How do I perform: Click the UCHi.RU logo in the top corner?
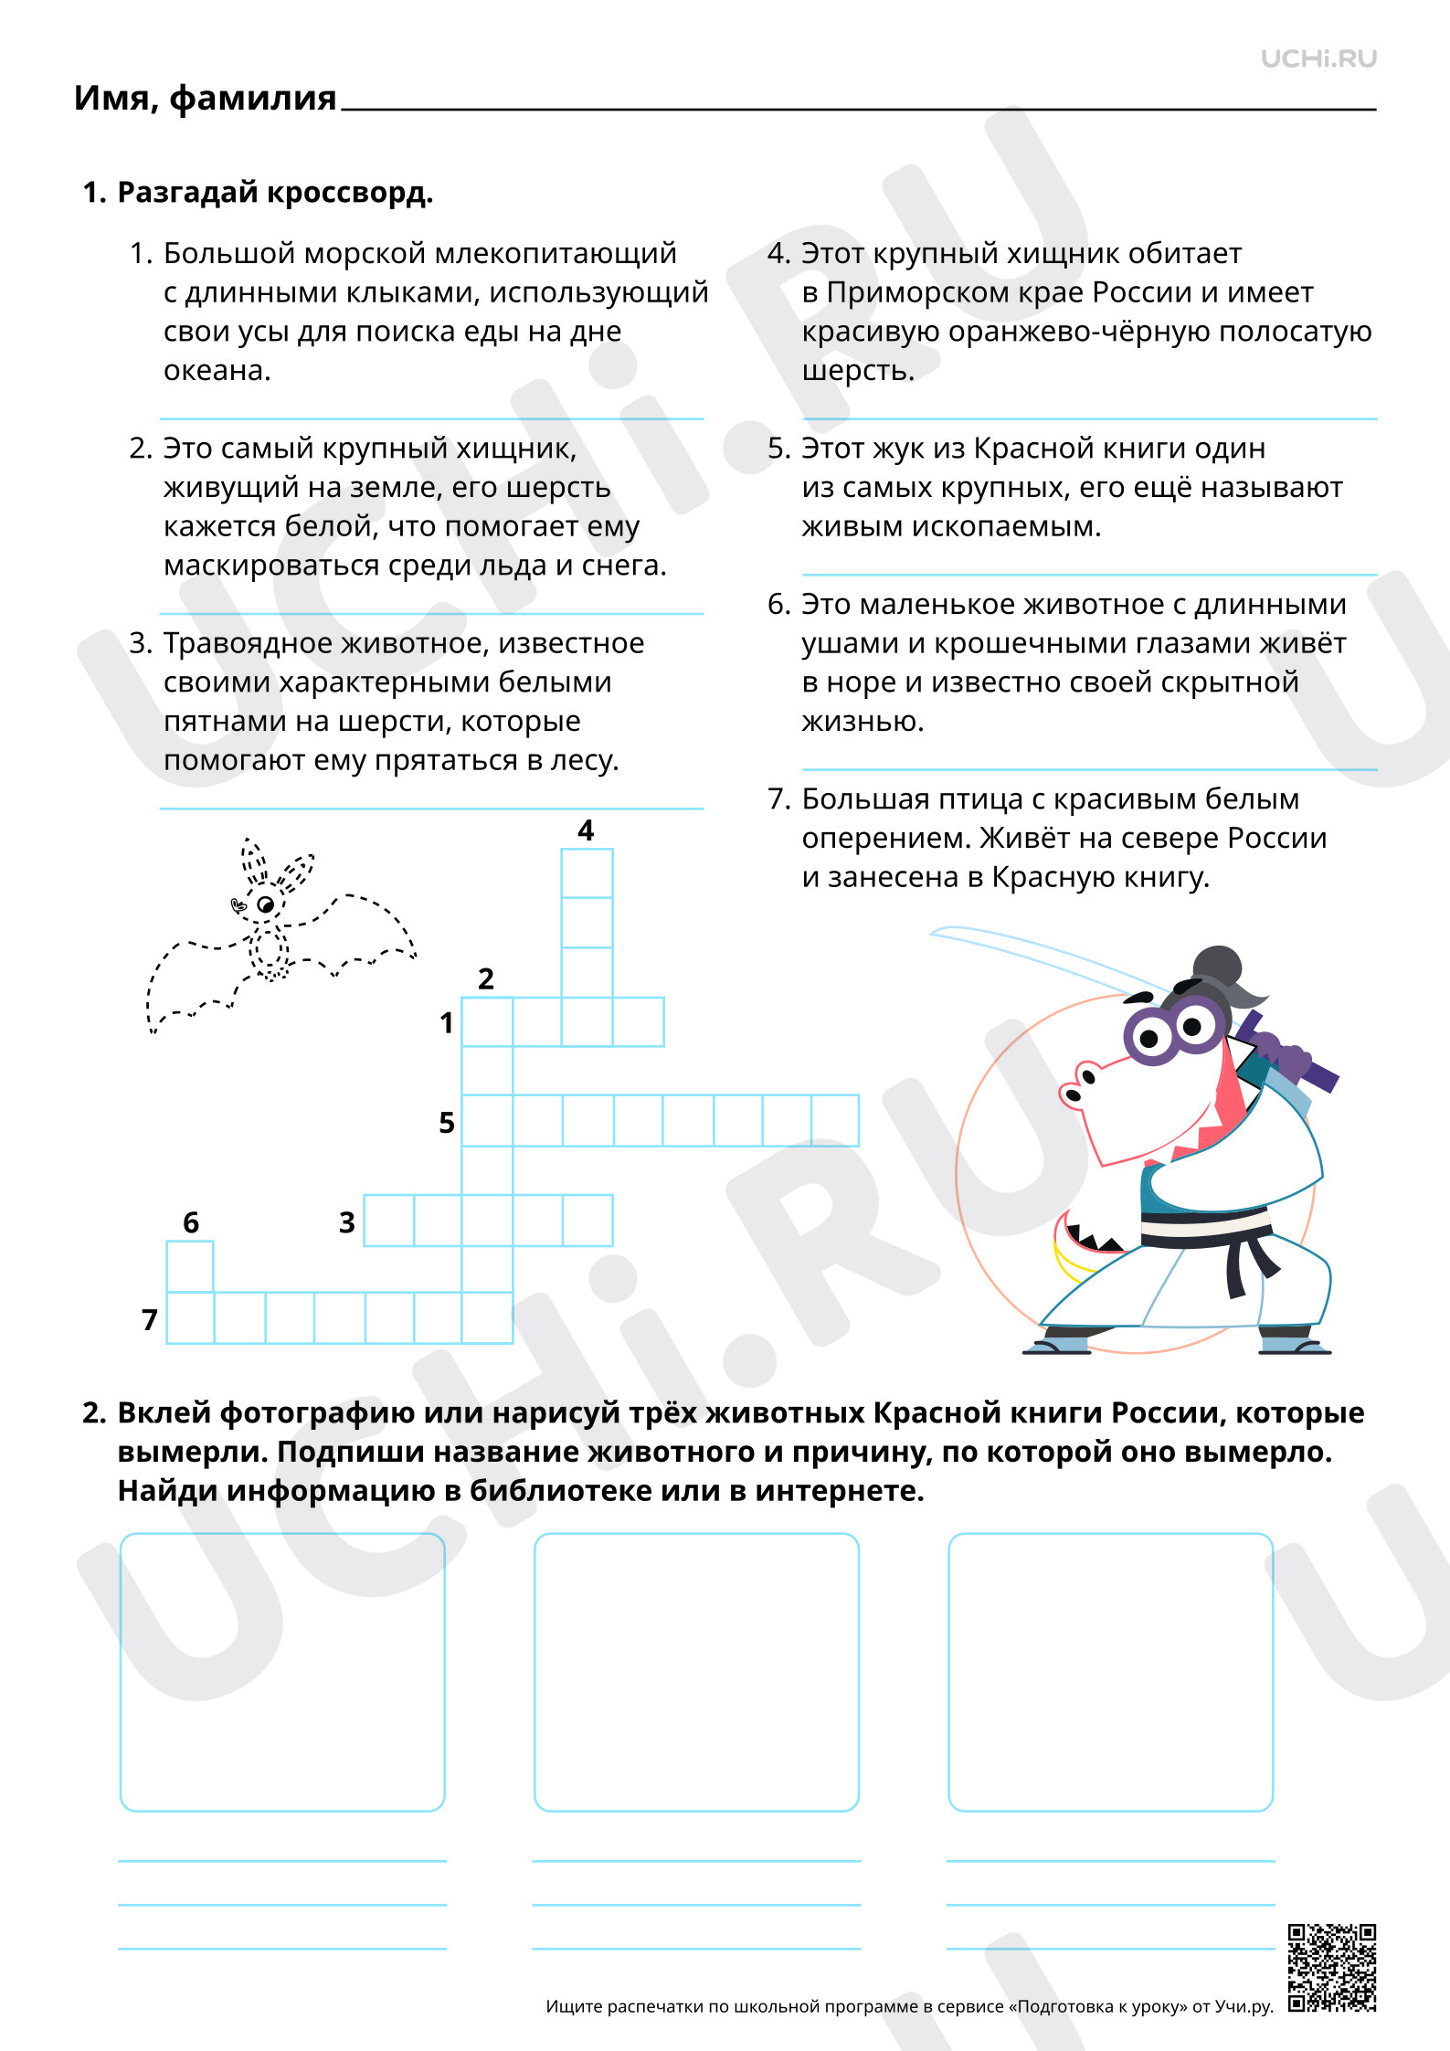point(1318,58)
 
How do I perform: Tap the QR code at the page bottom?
point(1332,1968)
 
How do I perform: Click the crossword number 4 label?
point(586,830)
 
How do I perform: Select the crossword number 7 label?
point(150,1319)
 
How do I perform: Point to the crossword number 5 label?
point(447,1122)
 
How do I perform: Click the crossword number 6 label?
point(191,1221)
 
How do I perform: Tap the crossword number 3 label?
point(347,1221)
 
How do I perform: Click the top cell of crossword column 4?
point(587,873)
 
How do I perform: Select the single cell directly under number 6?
point(190,1266)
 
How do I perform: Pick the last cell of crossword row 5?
point(835,1120)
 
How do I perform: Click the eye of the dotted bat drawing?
point(266,904)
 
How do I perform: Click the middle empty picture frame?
point(696,1672)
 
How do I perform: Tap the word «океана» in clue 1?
point(217,371)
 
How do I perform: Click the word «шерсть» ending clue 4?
point(858,371)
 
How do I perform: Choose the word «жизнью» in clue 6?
point(863,722)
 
